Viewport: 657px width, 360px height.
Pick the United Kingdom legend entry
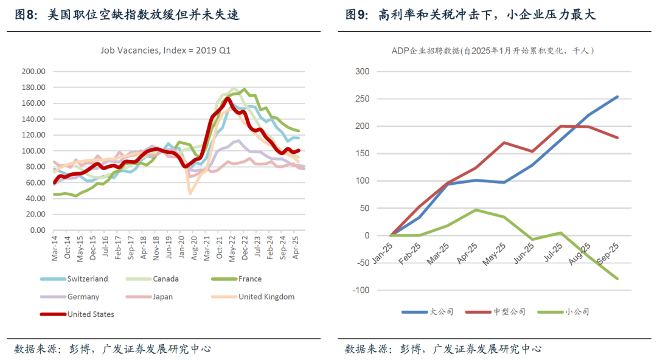coord(266,297)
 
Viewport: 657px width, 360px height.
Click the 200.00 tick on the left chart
coord(34,71)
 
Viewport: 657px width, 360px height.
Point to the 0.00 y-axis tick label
coord(38,230)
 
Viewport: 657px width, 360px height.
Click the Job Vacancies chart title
coord(165,50)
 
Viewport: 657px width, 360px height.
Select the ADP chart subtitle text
coord(492,51)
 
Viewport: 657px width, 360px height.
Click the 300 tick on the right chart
coord(362,71)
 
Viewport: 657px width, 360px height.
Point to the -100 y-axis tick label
coord(360,290)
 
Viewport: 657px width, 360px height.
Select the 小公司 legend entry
coord(577,312)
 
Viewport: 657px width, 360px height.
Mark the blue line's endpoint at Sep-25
coord(617,96)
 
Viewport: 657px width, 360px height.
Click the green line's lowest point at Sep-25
coord(617,279)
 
